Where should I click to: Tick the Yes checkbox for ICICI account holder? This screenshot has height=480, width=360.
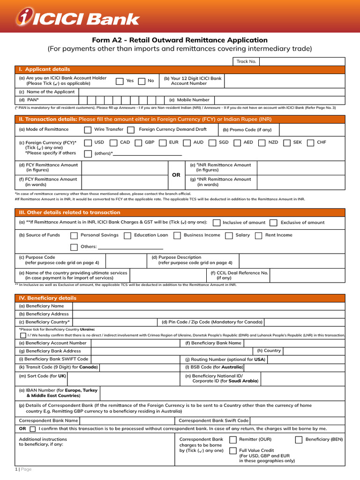[120, 81]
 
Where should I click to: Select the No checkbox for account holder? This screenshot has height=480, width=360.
[142, 81]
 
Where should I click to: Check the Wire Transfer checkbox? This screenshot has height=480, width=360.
[88, 130]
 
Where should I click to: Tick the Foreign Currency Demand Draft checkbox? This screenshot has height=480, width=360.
[131, 130]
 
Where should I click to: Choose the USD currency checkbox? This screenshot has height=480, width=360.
[88, 142]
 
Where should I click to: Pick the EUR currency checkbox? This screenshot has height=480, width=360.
[163, 142]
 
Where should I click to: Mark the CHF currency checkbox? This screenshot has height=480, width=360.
[310, 142]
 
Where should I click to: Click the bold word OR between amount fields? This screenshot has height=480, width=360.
[176, 175]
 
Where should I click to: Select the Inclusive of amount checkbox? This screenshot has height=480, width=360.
[217, 223]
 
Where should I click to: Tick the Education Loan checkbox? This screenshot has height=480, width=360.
[127, 236]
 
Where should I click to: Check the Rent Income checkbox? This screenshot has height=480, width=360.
[258, 236]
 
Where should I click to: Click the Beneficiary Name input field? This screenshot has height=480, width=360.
[209, 306]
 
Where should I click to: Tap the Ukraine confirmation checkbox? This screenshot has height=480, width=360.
[23, 335]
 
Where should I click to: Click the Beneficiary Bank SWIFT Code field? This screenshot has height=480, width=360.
[136, 359]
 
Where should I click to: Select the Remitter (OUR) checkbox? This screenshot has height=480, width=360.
[233, 440]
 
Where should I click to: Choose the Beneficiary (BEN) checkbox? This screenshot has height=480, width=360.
[299, 440]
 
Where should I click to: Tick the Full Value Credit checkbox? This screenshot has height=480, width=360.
[233, 451]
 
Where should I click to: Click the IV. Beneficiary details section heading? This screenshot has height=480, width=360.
[47, 298]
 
